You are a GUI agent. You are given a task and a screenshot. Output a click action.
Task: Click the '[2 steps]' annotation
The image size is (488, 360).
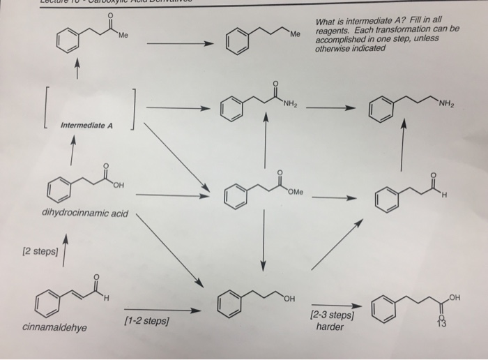pyautogui.click(x=38, y=249)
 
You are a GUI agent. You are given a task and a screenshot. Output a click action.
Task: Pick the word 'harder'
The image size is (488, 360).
pyautogui.click(x=330, y=327)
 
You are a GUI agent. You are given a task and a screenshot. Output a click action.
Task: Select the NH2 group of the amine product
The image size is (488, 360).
pyautogui.click(x=446, y=105)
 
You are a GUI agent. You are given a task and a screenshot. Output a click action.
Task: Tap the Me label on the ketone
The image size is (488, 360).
pyautogui.click(x=123, y=36)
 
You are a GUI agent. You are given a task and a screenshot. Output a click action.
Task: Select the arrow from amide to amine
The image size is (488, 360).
pyautogui.click(x=331, y=109)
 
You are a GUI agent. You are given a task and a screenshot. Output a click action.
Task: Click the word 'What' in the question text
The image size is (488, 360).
pyautogui.click(x=326, y=22)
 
